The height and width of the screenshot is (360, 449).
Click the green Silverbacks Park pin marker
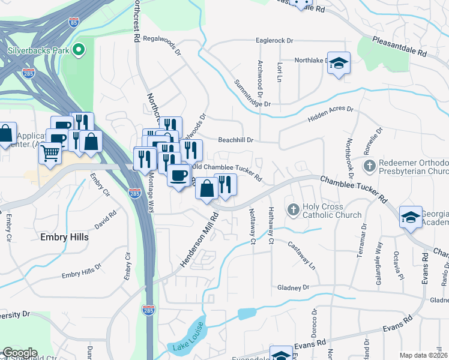pos(78,50)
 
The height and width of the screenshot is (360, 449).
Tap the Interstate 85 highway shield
pos(73,23)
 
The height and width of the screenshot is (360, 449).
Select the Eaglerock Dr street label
pos(274,41)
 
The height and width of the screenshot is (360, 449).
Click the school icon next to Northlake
pos(339,64)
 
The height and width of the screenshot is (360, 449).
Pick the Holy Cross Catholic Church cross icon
pos(293,209)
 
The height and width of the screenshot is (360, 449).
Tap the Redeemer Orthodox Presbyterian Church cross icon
pos(370,164)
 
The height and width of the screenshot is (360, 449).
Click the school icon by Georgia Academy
pos(411,217)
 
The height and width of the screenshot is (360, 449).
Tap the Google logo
pos(20,353)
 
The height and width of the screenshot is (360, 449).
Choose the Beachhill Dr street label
pos(237,140)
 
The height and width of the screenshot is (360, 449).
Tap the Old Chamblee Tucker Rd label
pos(226,172)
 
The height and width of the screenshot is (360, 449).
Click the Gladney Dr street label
pos(293,287)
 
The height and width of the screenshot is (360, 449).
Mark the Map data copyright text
pos(424,355)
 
